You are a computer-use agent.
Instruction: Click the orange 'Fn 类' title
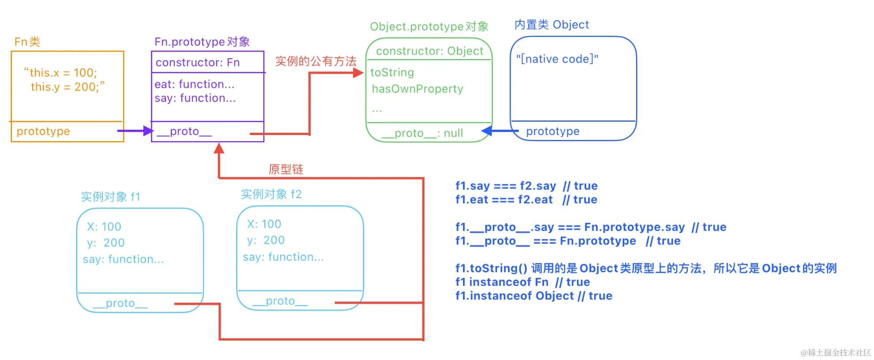pyautogui.click(x=27, y=42)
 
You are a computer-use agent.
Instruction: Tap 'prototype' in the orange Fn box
pyautogui.click(x=43, y=131)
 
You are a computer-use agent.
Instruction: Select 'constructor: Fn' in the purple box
pyautogui.click(x=197, y=63)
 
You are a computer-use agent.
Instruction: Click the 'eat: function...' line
pyautogui.click(x=194, y=84)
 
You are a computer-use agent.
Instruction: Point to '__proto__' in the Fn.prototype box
pyautogui.click(x=184, y=131)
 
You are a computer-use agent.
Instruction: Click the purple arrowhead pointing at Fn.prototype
pyautogui.click(x=148, y=131)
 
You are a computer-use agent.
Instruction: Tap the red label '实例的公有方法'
pyautogui.click(x=316, y=61)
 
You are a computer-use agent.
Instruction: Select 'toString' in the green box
pyautogui.click(x=392, y=72)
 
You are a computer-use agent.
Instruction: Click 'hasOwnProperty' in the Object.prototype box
pyautogui.click(x=417, y=89)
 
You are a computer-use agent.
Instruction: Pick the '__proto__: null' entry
pyautogui.click(x=422, y=133)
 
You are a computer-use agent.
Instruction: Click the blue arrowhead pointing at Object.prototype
pyautogui.click(x=487, y=131)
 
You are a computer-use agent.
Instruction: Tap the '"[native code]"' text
pyautogui.click(x=557, y=59)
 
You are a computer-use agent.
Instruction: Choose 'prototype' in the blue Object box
pyautogui.click(x=553, y=131)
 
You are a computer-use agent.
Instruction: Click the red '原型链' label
pyautogui.click(x=286, y=169)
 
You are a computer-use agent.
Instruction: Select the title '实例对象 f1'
pyautogui.click(x=110, y=197)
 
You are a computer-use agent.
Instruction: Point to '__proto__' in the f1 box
pyautogui.click(x=120, y=304)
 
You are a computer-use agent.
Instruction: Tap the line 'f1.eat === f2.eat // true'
pyautogui.click(x=526, y=200)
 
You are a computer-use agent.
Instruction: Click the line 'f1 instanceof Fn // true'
pyautogui.click(x=522, y=282)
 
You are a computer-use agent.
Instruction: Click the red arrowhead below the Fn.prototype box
pyautogui.click(x=219, y=149)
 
